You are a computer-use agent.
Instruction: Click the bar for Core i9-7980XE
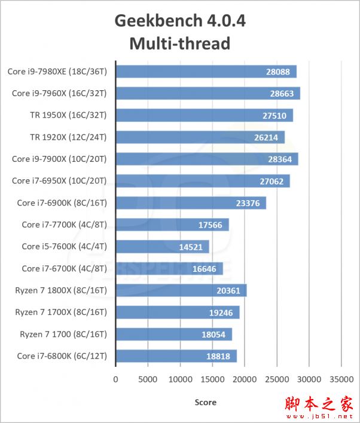click(206, 72)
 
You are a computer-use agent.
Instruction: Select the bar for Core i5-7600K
click(162, 247)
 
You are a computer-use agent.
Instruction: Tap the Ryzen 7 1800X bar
click(181, 290)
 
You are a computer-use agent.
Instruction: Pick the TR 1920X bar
click(200, 137)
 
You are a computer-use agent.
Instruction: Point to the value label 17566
click(210, 225)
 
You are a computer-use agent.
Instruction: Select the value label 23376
click(248, 203)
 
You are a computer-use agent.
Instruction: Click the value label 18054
click(213, 335)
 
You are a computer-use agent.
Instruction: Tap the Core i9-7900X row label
click(59, 159)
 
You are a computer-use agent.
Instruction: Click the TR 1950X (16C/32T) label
click(68, 115)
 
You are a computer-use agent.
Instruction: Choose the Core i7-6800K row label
click(62, 356)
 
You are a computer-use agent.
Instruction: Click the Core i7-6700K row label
click(64, 269)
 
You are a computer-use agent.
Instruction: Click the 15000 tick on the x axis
click(212, 379)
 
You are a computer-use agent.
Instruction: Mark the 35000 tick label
click(341, 379)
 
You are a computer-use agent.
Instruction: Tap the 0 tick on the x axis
click(116, 379)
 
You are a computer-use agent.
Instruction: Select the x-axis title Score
click(206, 402)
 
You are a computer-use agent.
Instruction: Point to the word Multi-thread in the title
click(179, 44)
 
